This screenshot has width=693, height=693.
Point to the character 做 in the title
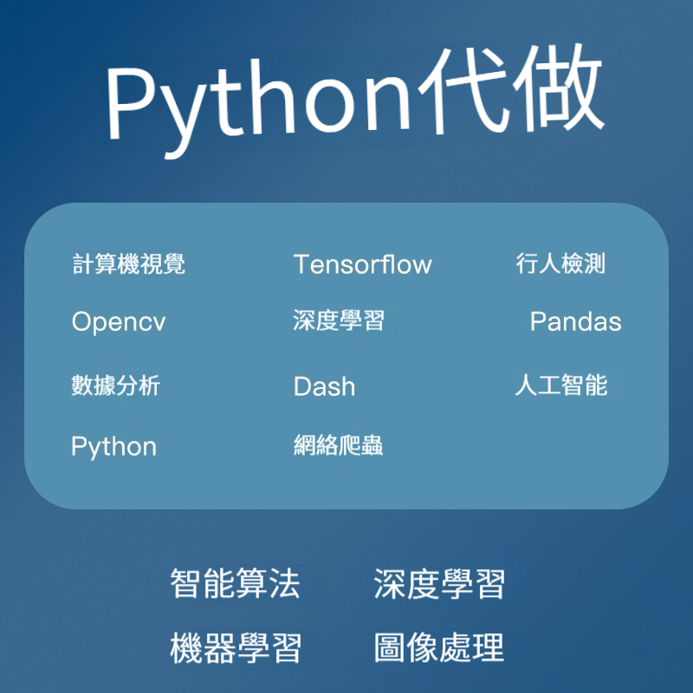point(559,87)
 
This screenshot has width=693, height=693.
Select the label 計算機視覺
point(128,264)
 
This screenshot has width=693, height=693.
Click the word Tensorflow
point(362,264)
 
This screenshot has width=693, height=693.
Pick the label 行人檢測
point(560,263)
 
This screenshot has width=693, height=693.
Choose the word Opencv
point(119,321)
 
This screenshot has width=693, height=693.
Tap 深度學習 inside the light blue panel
point(339,321)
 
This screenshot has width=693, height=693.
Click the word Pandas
point(576,321)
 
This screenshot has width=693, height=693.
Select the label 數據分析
point(116,385)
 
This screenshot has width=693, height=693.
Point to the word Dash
point(324,385)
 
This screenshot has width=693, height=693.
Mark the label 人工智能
point(561,385)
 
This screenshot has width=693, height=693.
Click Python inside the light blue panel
point(114,447)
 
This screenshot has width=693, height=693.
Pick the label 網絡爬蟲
point(339,445)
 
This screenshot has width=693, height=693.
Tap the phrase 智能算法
point(235,583)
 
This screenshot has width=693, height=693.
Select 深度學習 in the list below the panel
point(439,583)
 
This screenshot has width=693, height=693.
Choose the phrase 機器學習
point(236,648)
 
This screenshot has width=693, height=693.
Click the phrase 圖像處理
point(439,647)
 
